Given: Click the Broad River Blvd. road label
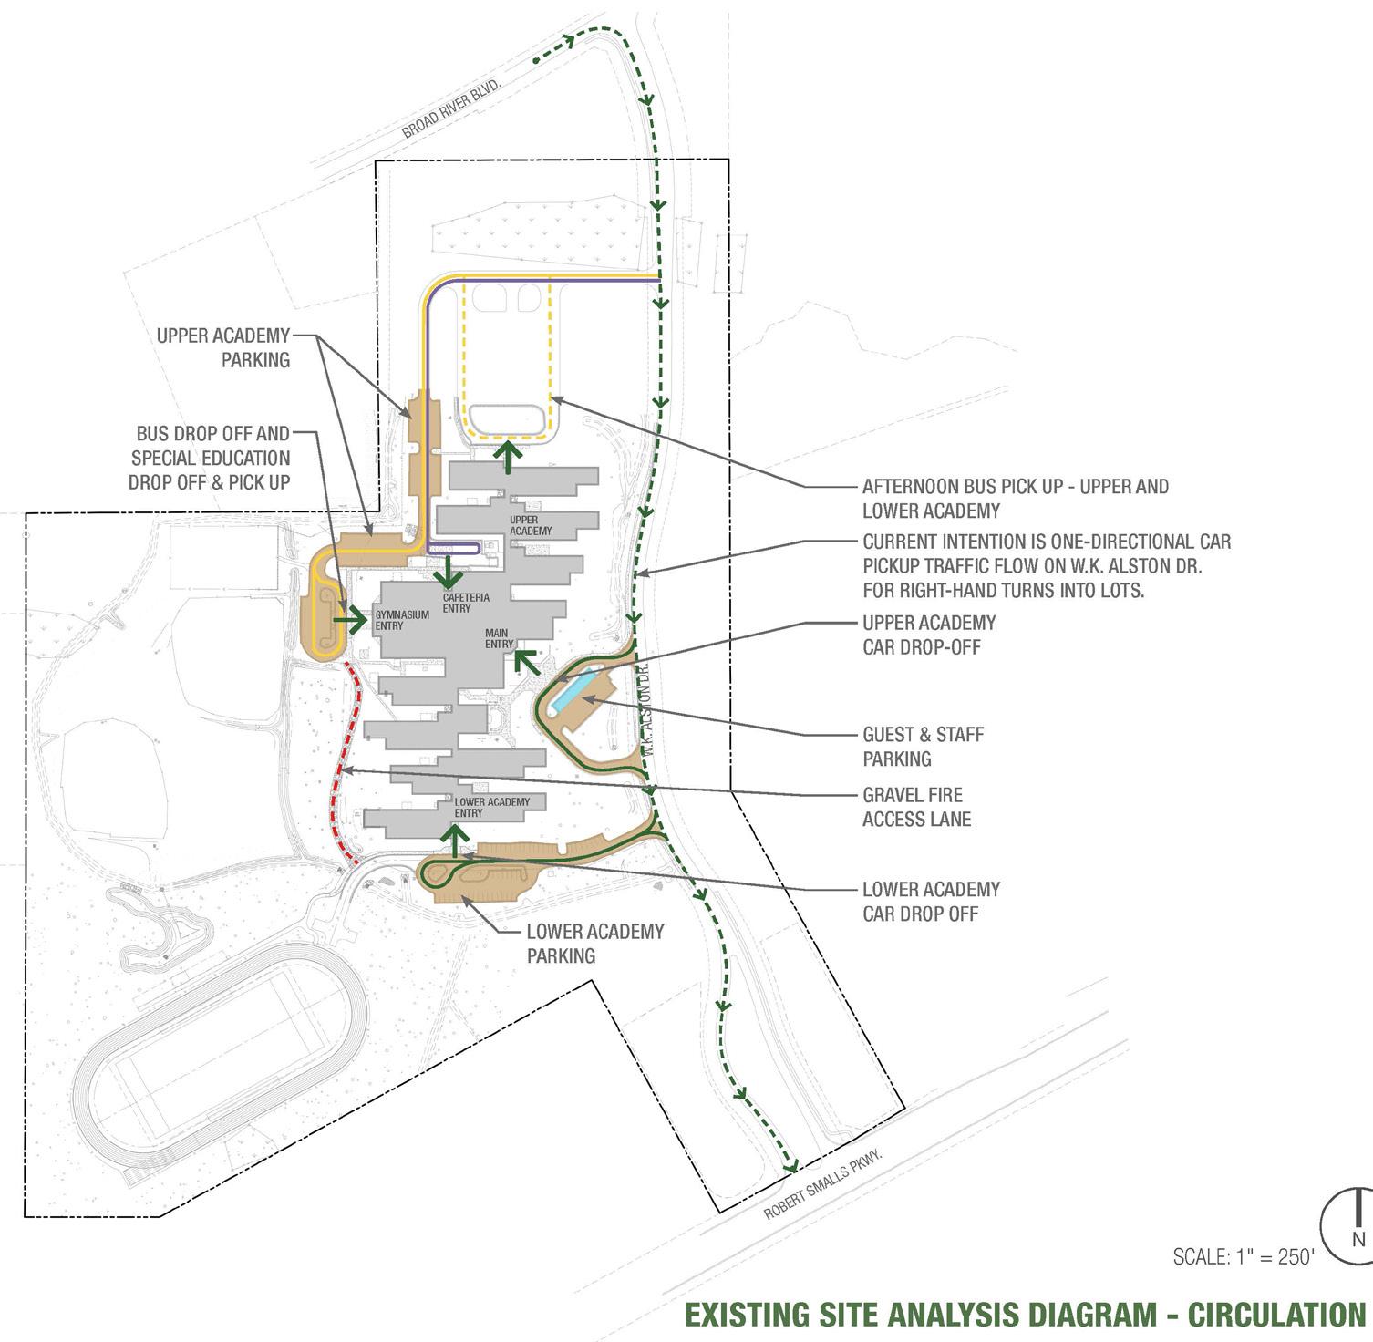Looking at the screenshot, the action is pyautogui.click(x=452, y=107).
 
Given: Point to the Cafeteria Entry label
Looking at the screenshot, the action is pyautogui.click(x=466, y=603).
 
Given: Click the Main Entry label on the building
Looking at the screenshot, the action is pyautogui.click(x=498, y=638).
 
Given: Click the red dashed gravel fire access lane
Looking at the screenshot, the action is pyautogui.click(x=338, y=766).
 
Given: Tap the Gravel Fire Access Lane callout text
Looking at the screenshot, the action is pyautogui.click(x=916, y=807).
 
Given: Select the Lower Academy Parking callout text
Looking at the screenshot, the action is pyautogui.click(x=594, y=944).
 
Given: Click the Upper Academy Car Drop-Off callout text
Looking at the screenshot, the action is pyautogui.click(x=929, y=635).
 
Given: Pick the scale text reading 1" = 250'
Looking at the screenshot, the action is pyautogui.click(x=1244, y=1257).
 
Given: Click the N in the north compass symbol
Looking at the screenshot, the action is pyautogui.click(x=1358, y=1239).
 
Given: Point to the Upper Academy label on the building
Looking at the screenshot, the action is pyautogui.click(x=531, y=525).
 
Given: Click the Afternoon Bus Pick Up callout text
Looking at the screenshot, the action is pyautogui.click(x=1015, y=498).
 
